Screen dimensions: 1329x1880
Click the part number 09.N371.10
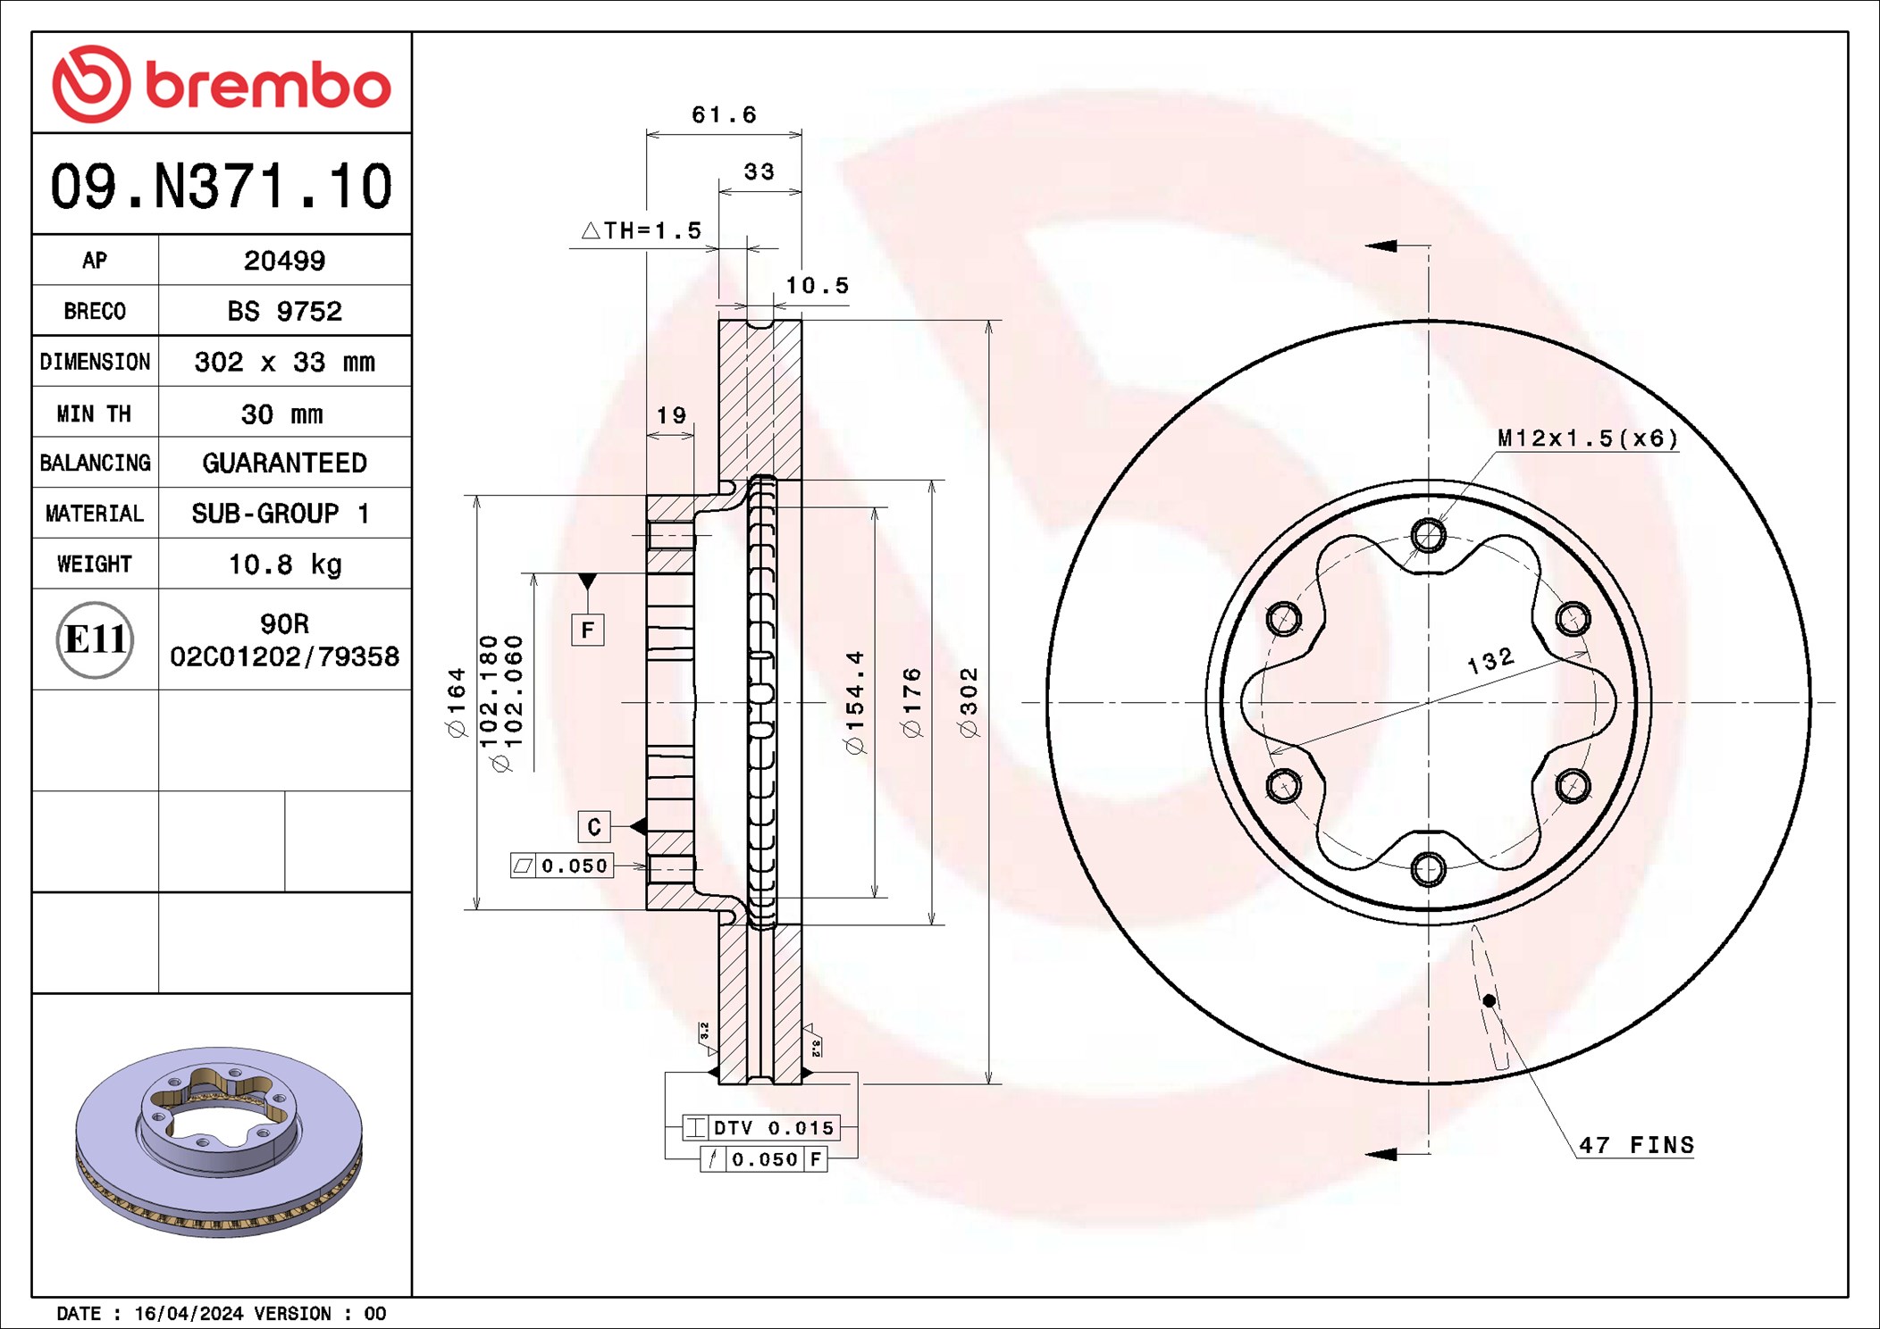tap(221, 187)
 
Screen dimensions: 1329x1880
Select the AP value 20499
tap(284, 261)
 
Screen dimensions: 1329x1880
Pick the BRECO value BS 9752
tap(284, 311)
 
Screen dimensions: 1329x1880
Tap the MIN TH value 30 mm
tap(281, 414)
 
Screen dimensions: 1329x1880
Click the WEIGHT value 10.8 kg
tap(284, 564)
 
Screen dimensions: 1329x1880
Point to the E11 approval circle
tap(95, 639)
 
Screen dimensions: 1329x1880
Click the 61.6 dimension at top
tap(724, 115)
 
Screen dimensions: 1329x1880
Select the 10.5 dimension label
tap(817, 286)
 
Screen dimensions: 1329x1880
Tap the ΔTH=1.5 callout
tap(642, 231)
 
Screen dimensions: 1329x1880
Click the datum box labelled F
tap(587, 630)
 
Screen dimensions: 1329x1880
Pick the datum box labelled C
tap(594, 827)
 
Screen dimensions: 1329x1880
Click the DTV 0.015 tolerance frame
tap(760, 1128)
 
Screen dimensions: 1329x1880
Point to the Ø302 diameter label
tap(969, 702)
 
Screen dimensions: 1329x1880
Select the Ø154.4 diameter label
tap(855, 702)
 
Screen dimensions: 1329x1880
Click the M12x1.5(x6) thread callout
tap(1587, 439)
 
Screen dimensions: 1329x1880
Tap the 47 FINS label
tap(1635, 1145)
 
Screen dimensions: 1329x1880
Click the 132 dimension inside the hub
tap(1490, 661)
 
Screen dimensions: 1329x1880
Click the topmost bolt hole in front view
tap(1428, 536)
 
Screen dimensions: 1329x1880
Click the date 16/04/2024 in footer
tap(189, 1313)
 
